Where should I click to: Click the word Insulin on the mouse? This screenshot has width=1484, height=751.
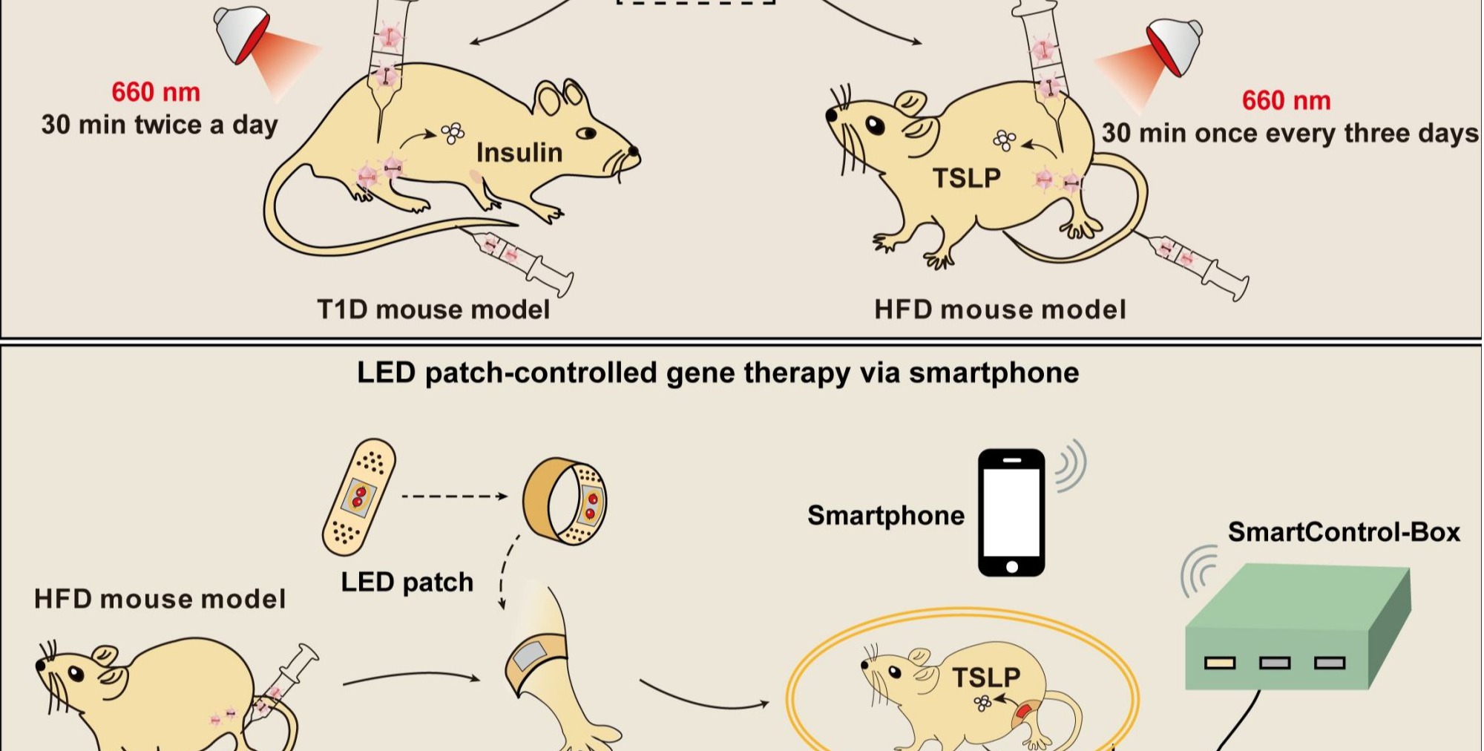[519, 153]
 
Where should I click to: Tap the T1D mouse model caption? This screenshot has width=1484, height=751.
[433, 309]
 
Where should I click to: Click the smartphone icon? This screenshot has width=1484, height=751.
[1011, 512]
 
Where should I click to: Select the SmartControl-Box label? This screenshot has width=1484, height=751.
[1343, 532]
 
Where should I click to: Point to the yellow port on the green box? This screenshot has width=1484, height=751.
[1219, 663]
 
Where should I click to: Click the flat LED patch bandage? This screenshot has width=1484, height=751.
[358, 496]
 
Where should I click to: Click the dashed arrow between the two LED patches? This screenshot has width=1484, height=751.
[454, 496]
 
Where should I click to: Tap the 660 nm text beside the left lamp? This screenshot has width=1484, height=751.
[156, 92]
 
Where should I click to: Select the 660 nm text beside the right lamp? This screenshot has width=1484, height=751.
[1286, 100]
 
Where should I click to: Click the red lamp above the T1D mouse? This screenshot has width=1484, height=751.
[242, 33]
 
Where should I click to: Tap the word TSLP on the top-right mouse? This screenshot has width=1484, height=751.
[966, 178]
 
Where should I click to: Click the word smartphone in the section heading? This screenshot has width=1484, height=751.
[994, 373]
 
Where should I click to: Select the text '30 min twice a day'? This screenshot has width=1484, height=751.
[160, 125]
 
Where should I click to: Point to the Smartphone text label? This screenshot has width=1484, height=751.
[885, 515]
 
